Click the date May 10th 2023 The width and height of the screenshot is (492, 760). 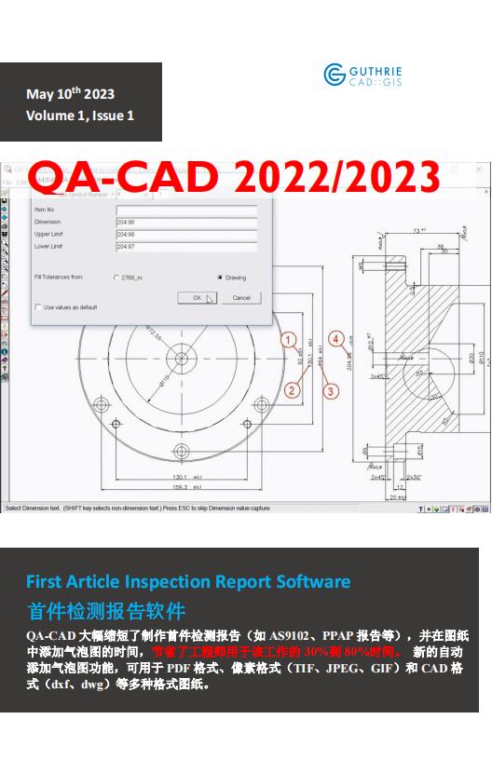71,93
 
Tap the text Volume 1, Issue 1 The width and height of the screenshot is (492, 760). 80,115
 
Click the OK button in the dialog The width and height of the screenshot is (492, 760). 197,298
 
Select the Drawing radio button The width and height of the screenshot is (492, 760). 220,278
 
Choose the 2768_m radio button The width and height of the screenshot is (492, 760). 116,278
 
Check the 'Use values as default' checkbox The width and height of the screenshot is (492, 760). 38,306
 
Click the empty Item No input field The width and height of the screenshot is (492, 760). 185,210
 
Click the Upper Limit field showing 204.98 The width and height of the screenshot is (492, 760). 185,235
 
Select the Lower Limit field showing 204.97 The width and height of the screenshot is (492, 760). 185,247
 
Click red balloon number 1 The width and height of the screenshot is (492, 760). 289,340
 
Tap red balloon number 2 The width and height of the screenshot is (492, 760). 292,390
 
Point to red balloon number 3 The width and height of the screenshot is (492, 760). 331,392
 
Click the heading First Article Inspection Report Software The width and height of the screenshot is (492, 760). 188,582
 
